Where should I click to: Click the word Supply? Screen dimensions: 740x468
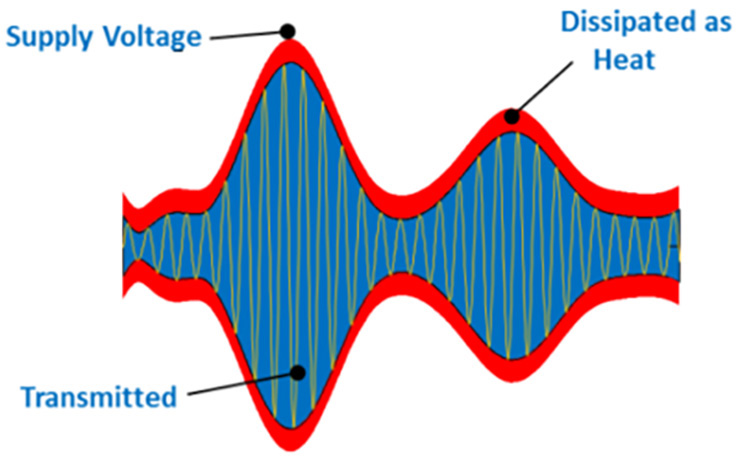tap(48, 37)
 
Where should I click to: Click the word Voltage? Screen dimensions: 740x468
tap(150, 37)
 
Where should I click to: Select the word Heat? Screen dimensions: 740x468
tap(624, 59)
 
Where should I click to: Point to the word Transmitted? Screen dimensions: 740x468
tap(99, 397)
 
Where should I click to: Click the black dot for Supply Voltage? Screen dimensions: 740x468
tap(287, 32)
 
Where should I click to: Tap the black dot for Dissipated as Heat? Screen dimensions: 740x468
tap(512, 116)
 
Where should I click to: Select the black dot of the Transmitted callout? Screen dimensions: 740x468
tap(298, 373)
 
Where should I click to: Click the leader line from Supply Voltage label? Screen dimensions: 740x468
tap(245, 35)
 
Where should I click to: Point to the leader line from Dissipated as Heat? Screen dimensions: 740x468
tap(544, 88)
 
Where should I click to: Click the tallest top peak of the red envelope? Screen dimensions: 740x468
tap(289, 40)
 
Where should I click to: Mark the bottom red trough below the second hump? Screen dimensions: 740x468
tap(512, 382)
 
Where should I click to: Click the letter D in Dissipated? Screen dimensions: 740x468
tap(570, 22)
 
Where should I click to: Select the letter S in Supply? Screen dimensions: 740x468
tap(14, 36)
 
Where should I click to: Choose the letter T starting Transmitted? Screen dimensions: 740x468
tap(30, 397)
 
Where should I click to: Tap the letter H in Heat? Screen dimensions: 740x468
tap(603, 59)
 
